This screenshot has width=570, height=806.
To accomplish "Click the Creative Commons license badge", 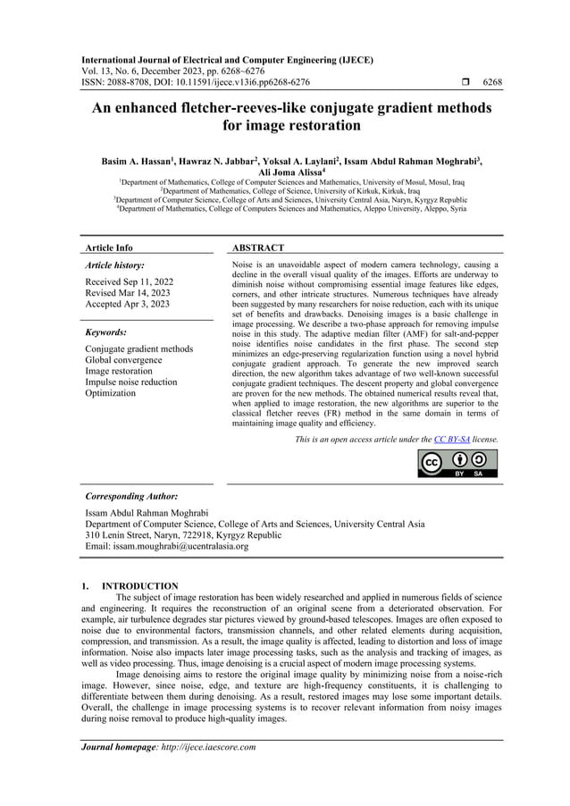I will tap(457, 464).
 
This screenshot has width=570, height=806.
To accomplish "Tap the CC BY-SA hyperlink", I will tap(448, 440).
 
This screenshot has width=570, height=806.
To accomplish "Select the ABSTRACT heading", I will tap(258, 248).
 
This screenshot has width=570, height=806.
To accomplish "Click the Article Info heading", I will tap(108, 248).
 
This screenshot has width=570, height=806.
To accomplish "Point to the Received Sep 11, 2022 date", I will tap(129, 281).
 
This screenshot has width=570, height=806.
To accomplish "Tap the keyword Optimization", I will tap(110, 393).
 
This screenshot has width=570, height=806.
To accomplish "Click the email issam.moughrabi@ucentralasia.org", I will tap(165, 547).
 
